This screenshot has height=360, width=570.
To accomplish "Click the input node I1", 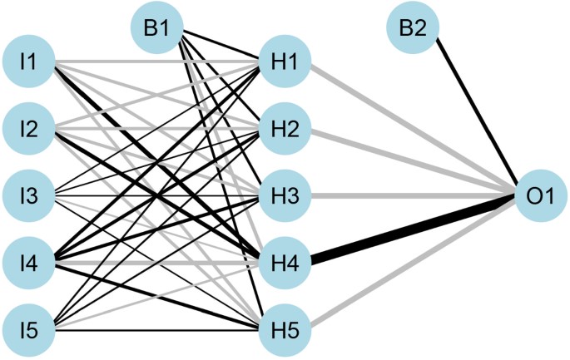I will [x=30, y=62].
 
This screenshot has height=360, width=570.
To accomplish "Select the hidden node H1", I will [x=285, y=62].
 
